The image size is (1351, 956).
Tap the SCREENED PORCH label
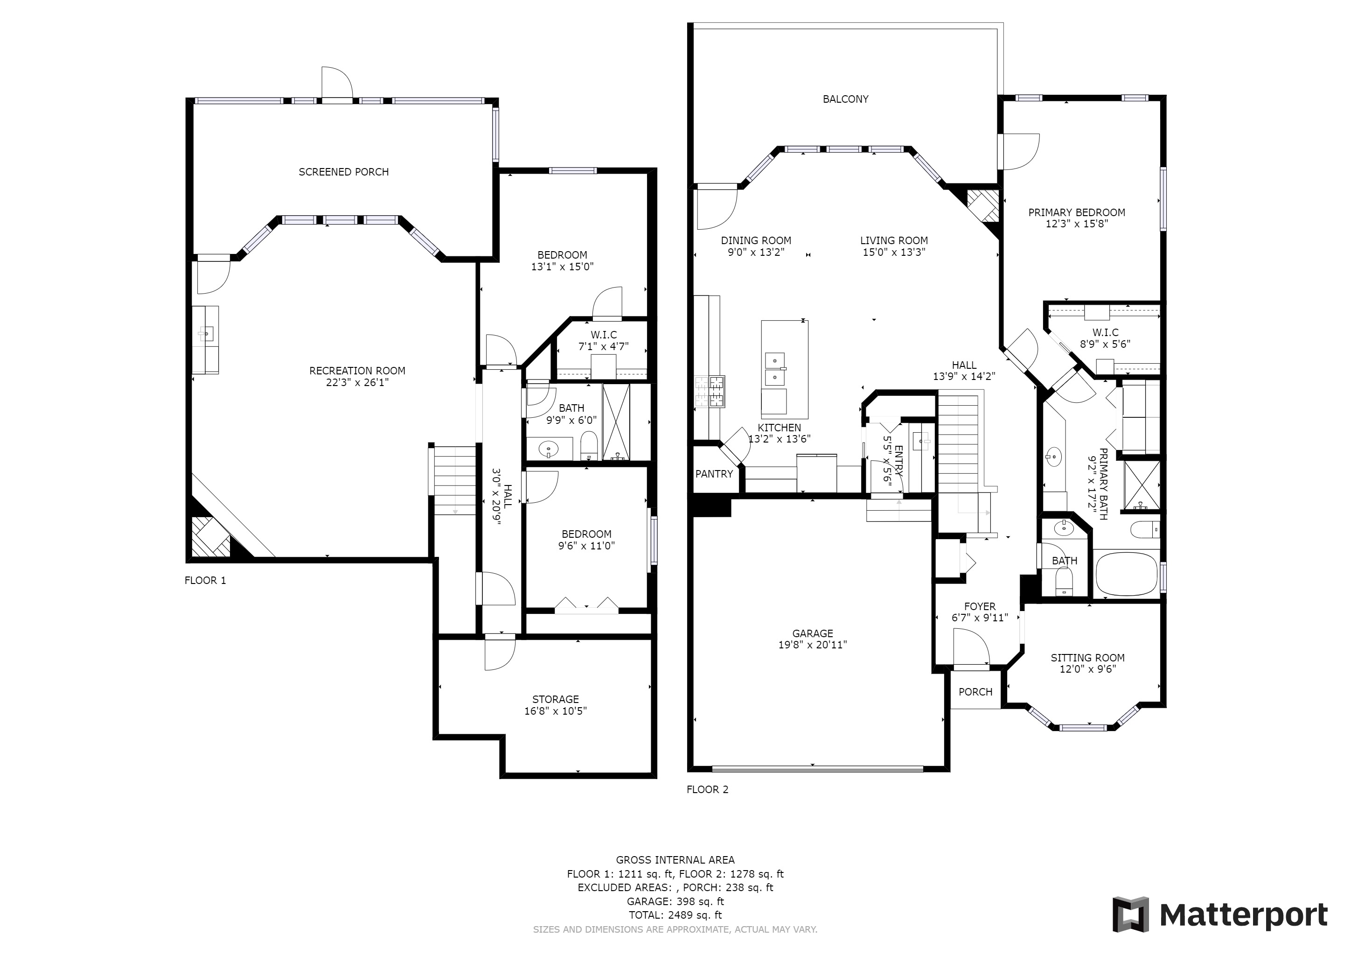click(x=344, y=172)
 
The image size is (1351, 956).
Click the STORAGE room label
click(x=556, y=699)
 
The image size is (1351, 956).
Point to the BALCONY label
click(x=846, y=99)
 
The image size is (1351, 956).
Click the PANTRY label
click(x=714, y=474)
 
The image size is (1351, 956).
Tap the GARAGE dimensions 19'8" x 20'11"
click(x=813, y=645)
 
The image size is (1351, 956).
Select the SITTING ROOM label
click(x=1087, y=658)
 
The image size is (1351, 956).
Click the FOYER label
click(x=980, y=606)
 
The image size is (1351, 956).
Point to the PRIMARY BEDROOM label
click(x=1077, y=212)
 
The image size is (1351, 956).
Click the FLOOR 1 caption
click(x=205, y=580)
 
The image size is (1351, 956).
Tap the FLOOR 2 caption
click(x=707, y=789)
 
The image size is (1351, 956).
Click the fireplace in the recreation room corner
click(x=210, y=536)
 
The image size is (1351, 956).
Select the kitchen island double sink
click(x=774, y=368)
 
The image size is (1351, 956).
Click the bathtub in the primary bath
click(x=1127, y=574)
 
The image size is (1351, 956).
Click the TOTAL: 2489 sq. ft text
click(x=675, y=915)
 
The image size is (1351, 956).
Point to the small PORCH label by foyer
click(x=975, y=692)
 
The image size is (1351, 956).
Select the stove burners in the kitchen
click(x=710, y=392)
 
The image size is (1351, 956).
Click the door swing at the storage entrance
click(x=500, y=654)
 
